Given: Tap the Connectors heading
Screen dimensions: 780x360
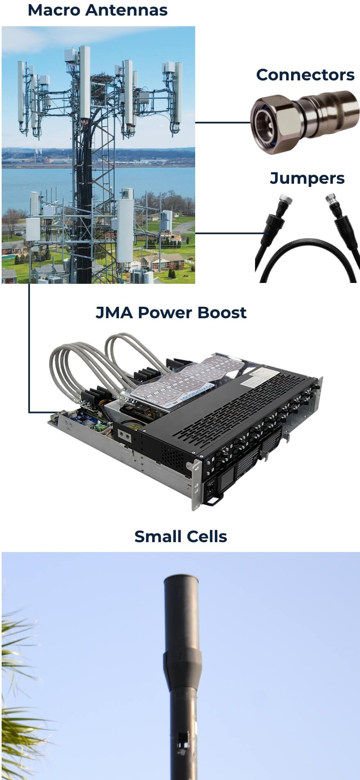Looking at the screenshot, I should [x=305, y=75].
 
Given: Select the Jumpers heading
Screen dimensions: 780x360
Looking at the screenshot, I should [x=307, y=178].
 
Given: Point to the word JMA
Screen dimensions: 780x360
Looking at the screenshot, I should [x=114, y=313].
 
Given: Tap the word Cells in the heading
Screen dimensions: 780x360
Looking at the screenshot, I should [x=206, y=537].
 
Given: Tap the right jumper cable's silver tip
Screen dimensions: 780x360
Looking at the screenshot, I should [x=330, y=200].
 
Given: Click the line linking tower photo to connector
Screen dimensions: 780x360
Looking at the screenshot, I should [x=222, y=122].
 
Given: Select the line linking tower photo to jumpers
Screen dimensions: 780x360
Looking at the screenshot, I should [x=225, y=233].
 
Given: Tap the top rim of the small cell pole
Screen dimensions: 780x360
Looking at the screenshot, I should [x=181, y=579].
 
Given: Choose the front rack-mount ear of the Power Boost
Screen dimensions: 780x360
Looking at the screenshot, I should [x=197, y=484].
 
